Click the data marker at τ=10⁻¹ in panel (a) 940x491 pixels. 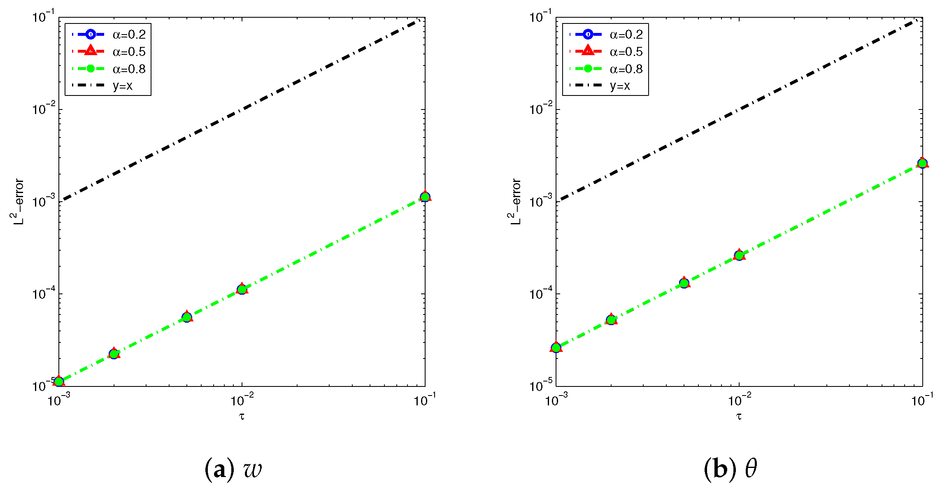(425, 197)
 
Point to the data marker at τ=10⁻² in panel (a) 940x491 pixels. (242, 289)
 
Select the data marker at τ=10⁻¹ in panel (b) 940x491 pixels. (922, 163)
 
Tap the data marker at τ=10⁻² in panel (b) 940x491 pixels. (739, 256)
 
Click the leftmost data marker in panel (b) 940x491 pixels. (556, 348)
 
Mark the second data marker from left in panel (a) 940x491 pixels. (114, 354)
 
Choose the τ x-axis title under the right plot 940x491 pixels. (739, 417)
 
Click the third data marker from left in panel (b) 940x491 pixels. (684, 283)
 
